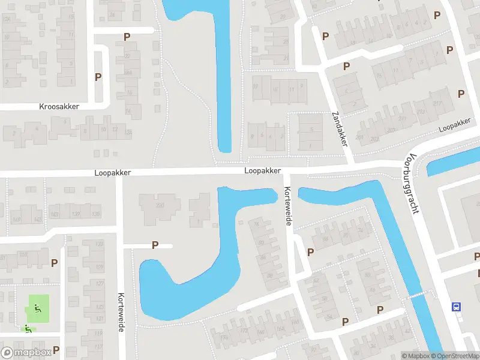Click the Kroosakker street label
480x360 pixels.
(59, 106)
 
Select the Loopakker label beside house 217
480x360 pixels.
(454, 124)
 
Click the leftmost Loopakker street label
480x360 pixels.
(112, 172)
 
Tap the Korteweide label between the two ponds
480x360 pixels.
(287, 205)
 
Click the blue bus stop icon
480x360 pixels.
(457, 307)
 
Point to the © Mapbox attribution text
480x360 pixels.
(415, 356)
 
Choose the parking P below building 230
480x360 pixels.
(155, 245)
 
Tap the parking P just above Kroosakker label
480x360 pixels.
(98, 77)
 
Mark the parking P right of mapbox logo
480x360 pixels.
(56, 349)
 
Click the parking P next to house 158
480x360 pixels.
(55, 263)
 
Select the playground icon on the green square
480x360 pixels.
(37, 309)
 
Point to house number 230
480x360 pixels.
(160, 205)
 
